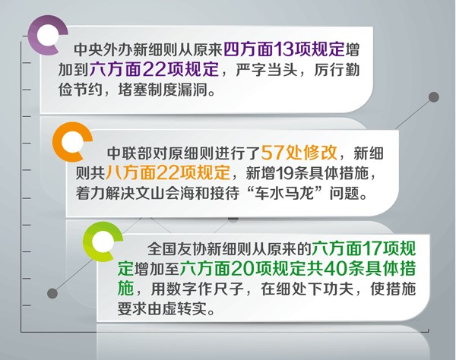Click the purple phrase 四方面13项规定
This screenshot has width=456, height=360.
(x=284, y=49)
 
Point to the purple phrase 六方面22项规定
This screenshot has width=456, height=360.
(x=154, y=69)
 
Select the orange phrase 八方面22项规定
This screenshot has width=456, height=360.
(x=167, y=172)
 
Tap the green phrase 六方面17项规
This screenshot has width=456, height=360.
(x=364, y=249)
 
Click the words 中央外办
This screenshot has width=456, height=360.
(x=103, y=49)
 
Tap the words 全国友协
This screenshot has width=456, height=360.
(x=177, y=249)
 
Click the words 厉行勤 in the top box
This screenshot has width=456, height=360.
(x=337, y=70)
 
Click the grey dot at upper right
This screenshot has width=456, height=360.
(x=434, y=97)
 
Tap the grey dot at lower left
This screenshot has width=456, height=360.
(x=52, y=293)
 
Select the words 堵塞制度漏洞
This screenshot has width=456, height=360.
(x=163, y=90)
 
